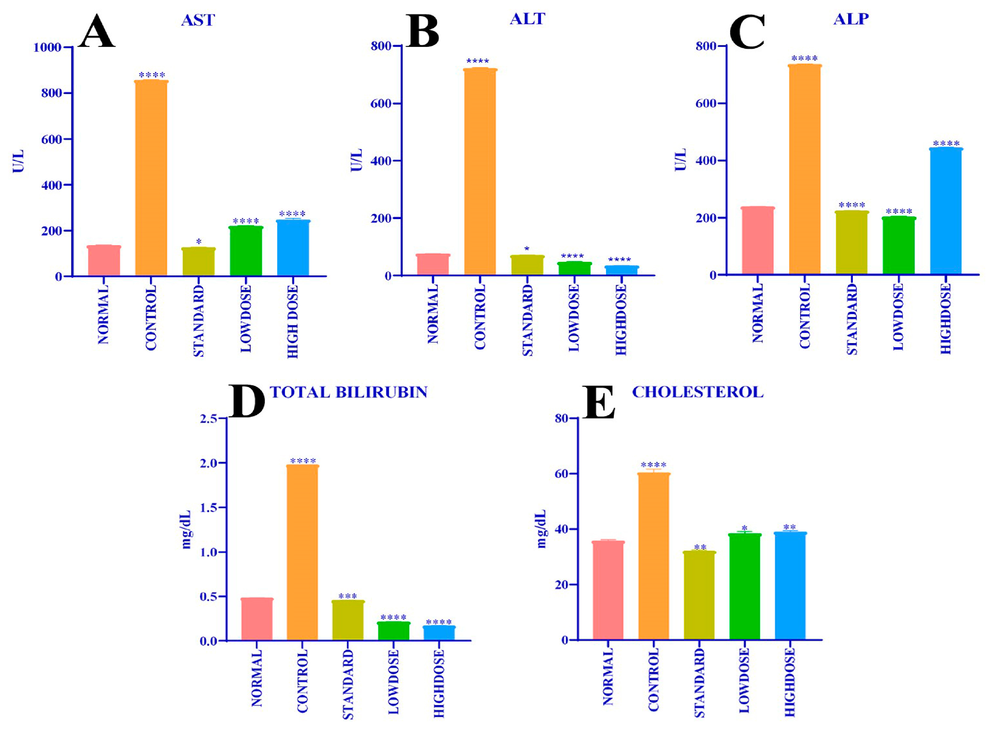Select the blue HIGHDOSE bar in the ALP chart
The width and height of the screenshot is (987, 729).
945,212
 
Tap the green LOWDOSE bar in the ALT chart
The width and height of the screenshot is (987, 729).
574,269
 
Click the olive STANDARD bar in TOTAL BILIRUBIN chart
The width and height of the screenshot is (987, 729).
348,621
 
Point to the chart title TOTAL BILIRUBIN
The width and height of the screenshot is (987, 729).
349,392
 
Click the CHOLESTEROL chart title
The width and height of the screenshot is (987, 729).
698,392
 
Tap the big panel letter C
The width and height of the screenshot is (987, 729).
747,32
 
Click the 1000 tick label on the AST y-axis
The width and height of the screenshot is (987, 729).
47,47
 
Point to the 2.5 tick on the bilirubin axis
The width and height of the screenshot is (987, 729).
208,418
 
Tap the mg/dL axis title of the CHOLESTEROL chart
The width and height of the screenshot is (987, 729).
542,529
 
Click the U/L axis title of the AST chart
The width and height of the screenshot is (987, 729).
18,161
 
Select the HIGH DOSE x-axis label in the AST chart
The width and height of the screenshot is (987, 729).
293,321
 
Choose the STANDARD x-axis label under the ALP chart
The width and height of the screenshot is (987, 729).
852,319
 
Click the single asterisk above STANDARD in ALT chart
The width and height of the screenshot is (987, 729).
527,249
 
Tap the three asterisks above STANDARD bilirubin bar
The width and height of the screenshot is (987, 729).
347,596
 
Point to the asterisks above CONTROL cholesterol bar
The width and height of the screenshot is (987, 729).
654,465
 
